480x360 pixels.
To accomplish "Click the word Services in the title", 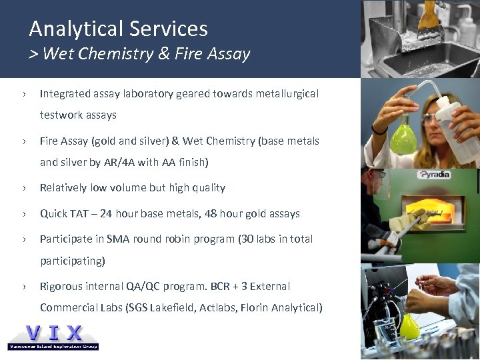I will (x=175, y=29).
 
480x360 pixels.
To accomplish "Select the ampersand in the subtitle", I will (x=164, y=54).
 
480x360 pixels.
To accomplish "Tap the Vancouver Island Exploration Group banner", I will (x=53, y=346).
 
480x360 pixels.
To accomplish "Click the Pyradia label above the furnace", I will (x=433, y=175).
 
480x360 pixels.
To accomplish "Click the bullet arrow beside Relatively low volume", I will (x=24, y=188).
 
